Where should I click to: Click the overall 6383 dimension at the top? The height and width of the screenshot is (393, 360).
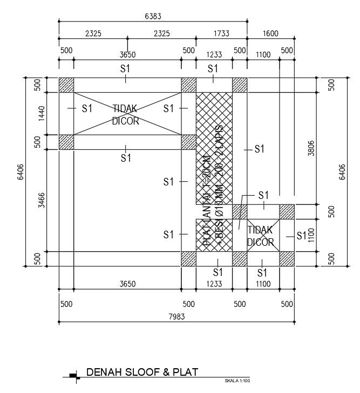pyautogui.click(x=153, y=17)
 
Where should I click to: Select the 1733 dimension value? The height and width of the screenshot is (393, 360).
pyautogui.click(x=221, y=33)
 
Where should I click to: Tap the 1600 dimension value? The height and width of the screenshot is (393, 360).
pyautogui.click(x=270, y=33)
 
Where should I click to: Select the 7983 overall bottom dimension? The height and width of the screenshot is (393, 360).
pyautogui.click(x=176, y=317)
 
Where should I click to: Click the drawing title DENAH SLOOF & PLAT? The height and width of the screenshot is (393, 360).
pyautogui.click(x=142, y=372)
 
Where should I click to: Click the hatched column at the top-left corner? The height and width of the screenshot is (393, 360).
pyautogui.click(x=66, y=85)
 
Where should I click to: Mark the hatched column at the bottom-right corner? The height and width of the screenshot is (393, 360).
pyautogui.click(x=287, y=259)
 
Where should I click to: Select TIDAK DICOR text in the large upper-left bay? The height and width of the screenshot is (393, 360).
pyautogui.click(x=126, y=115)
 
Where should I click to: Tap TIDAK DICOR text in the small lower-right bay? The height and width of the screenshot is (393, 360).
pyautogui.click(x=261, y=236)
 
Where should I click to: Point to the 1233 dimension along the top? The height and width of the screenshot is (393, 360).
pyautogui.click(x=214, y=54)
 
